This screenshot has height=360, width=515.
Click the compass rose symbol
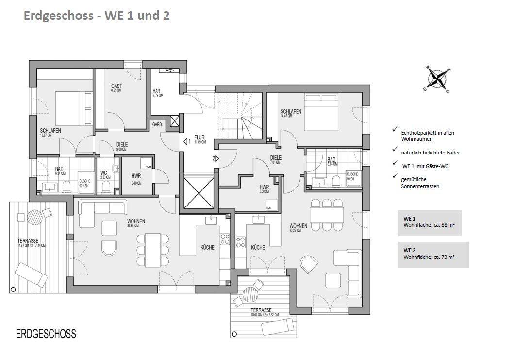437,79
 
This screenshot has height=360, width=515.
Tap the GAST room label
116,88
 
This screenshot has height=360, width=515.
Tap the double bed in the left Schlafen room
73,108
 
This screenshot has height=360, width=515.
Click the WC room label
104,174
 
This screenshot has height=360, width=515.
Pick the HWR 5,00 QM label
265,189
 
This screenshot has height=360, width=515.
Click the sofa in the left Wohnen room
101,209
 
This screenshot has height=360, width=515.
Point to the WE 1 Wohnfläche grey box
429,223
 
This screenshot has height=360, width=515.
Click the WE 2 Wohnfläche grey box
433,255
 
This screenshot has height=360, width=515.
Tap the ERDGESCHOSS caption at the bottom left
46,334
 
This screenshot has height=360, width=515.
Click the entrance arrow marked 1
187,142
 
